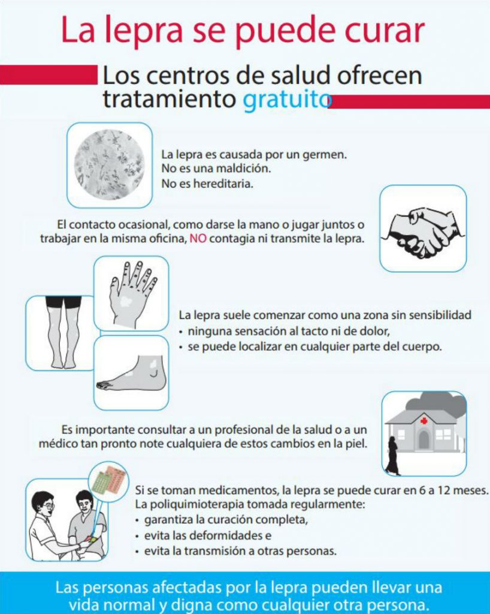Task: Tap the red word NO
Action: point(198,239)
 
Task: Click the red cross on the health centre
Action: point(424,421)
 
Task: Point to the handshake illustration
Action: point(424,232)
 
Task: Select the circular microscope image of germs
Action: point(109,164)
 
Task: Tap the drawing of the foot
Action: point(132,374)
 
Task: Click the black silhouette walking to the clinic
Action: point(392,456)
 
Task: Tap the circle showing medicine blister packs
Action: point(108,481)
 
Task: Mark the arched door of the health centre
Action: point(424,439)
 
